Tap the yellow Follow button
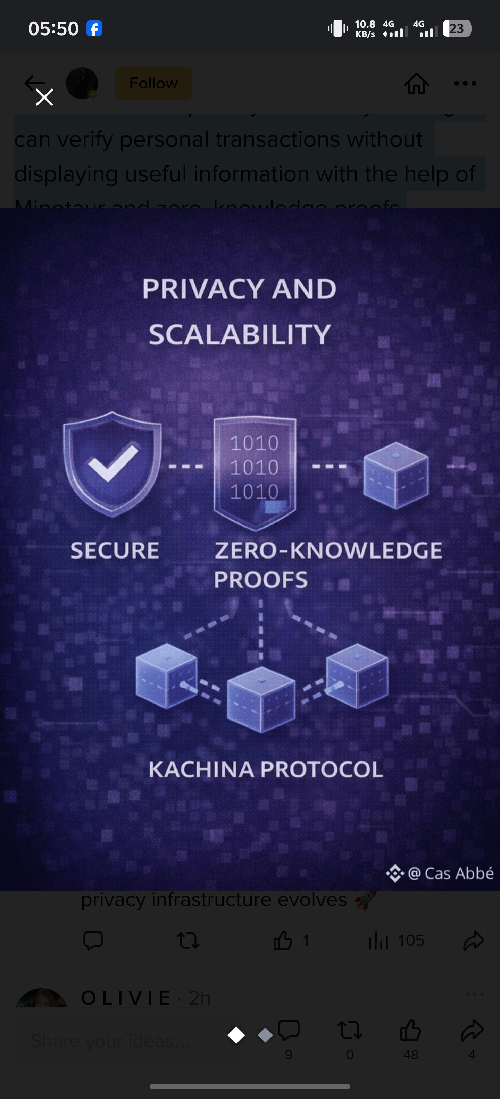click(x=153, y=83)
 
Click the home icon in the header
click(x=416, y=83)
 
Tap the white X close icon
click(x=44, y=97)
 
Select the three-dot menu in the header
click(x=465, y=83)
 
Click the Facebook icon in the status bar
click(x=94, y=28)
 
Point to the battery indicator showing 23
click(x=457, y=28)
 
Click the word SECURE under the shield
click(x=115, y=550)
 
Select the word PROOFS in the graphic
click(x=261, y=579)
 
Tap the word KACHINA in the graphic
click(x=201, y=769)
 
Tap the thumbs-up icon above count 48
click(x=411, y=1030)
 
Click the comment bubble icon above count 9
click(x=289, y=1030)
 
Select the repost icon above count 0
click(x=350, y=1030)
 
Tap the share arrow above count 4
click(x=472, y=1030)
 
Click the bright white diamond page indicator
click(x=236, y=1035)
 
